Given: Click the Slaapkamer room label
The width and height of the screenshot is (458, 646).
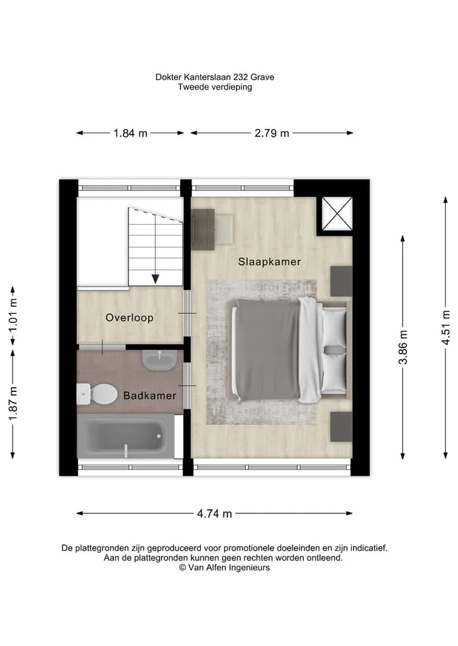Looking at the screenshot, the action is (270, 262).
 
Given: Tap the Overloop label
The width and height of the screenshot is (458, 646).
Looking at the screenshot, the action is (130, 318).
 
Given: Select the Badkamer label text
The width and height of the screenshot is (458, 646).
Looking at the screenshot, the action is (149, 396).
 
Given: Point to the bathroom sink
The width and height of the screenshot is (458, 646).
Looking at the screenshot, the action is (160, 360).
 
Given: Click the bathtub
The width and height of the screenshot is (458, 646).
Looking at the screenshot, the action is (126, 436).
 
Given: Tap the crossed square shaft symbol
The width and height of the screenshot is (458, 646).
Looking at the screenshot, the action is (337, 213).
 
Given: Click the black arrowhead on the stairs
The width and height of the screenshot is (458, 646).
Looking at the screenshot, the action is (155, 279).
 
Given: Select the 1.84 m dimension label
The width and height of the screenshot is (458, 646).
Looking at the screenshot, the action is (130, 133).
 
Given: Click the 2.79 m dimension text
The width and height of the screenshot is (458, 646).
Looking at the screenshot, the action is (272, 133).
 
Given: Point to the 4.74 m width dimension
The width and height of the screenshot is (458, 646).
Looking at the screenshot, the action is (214, 514).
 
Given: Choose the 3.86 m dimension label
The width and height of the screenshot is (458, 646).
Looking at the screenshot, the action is (403, 347).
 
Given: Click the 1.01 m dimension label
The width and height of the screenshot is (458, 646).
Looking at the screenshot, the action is (13, 315).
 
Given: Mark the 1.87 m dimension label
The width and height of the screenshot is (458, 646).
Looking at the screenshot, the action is (13, 404).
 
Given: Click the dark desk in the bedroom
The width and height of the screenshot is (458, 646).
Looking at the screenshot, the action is (204, 229).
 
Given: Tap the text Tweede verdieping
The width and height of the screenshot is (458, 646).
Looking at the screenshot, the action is (215, 87).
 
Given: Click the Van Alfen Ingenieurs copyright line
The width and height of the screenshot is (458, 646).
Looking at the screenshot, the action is (225, 568).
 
